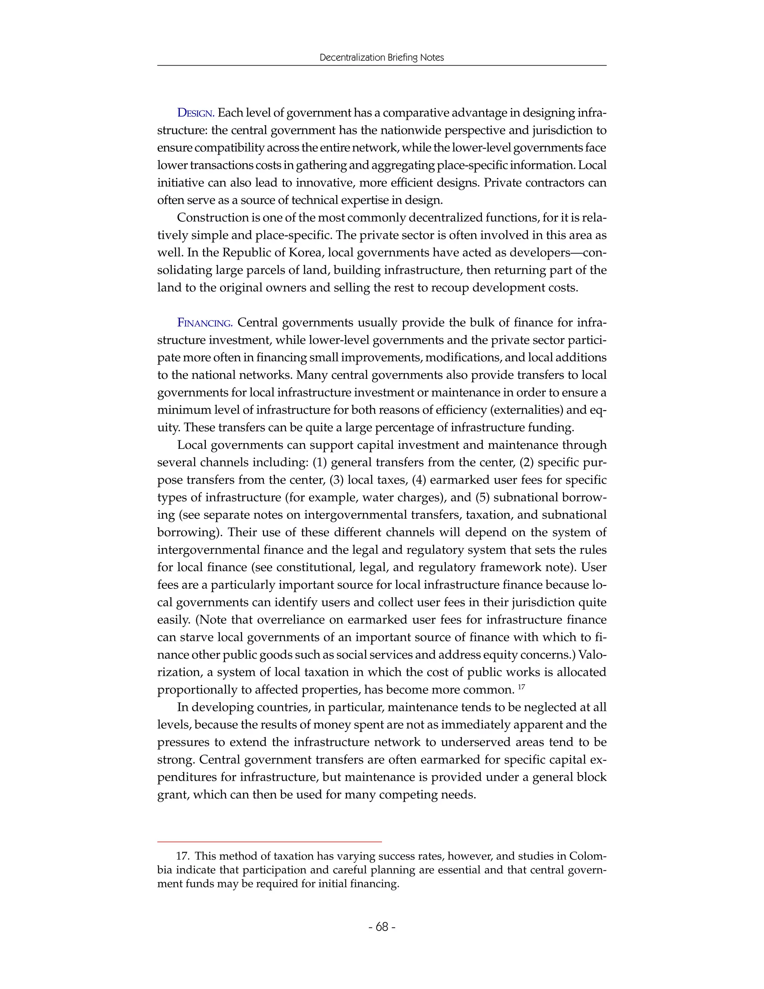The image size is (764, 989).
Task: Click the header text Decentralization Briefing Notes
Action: (382, 57)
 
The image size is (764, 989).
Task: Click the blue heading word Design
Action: (195, 113)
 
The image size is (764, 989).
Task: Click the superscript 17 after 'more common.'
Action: (521, 687)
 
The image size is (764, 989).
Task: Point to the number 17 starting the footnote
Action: (182, 856)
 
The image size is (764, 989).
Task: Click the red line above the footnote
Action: (269, 841)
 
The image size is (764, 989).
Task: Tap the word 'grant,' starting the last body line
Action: (173, 795)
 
